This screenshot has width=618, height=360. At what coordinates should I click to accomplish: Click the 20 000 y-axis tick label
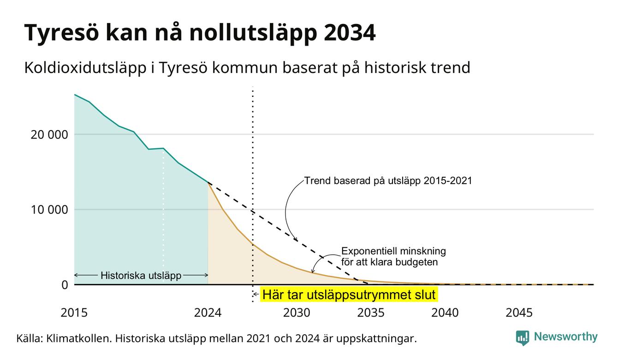click(x=49, y=135)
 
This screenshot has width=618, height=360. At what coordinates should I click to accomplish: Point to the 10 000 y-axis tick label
click(x=49, y=210)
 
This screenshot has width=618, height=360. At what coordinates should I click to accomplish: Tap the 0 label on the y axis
click(x=65, y=285)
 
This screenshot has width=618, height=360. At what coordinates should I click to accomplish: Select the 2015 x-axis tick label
click(x=74, y=313)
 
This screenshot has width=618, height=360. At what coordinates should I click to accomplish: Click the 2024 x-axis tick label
click(x=208, y=313)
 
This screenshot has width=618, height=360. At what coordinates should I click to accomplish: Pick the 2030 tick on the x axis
click(x=297, y=313)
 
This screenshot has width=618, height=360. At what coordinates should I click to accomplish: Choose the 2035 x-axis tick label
click(x=371, y=313)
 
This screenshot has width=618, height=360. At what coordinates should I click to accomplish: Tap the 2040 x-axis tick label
click(x=445, y=313)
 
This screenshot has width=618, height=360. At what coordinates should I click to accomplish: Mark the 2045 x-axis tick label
click(x=519, y=313)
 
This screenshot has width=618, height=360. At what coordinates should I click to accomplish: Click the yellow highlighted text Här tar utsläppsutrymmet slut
click(x=349, y=294)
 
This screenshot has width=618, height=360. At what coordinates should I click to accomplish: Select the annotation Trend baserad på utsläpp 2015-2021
click(x=388, y=181)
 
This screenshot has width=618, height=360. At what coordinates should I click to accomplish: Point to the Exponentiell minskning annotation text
click(x=393, y=251)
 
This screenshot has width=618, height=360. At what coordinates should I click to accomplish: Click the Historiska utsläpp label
click(x=141, y=276)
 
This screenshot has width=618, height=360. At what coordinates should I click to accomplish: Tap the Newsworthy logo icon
click(x=523, y=338)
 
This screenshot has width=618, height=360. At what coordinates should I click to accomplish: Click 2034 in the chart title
click(x=349, y=33)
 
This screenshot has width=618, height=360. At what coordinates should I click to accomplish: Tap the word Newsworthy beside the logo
click(x=565, y=336)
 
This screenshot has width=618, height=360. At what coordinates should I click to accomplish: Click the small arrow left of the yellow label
click(x=256, y=294)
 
